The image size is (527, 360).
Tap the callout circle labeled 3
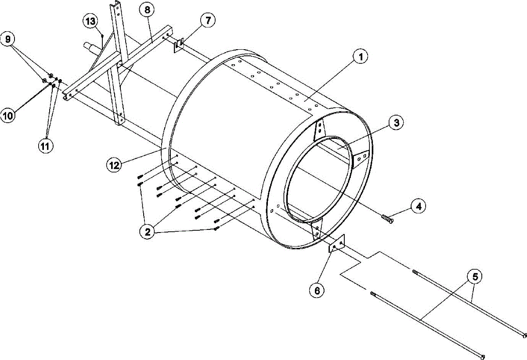tap(396, 123)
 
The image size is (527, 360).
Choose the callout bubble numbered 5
tap(475, 277)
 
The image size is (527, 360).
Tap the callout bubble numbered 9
tap(7, 39)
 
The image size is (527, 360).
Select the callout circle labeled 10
tap(8, 116)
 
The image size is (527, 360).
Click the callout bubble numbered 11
tap(44, 145)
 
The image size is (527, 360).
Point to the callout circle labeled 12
tap(114, 165)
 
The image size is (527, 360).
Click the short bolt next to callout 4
tap(386, 218)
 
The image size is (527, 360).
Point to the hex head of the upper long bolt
tap(524, 335)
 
